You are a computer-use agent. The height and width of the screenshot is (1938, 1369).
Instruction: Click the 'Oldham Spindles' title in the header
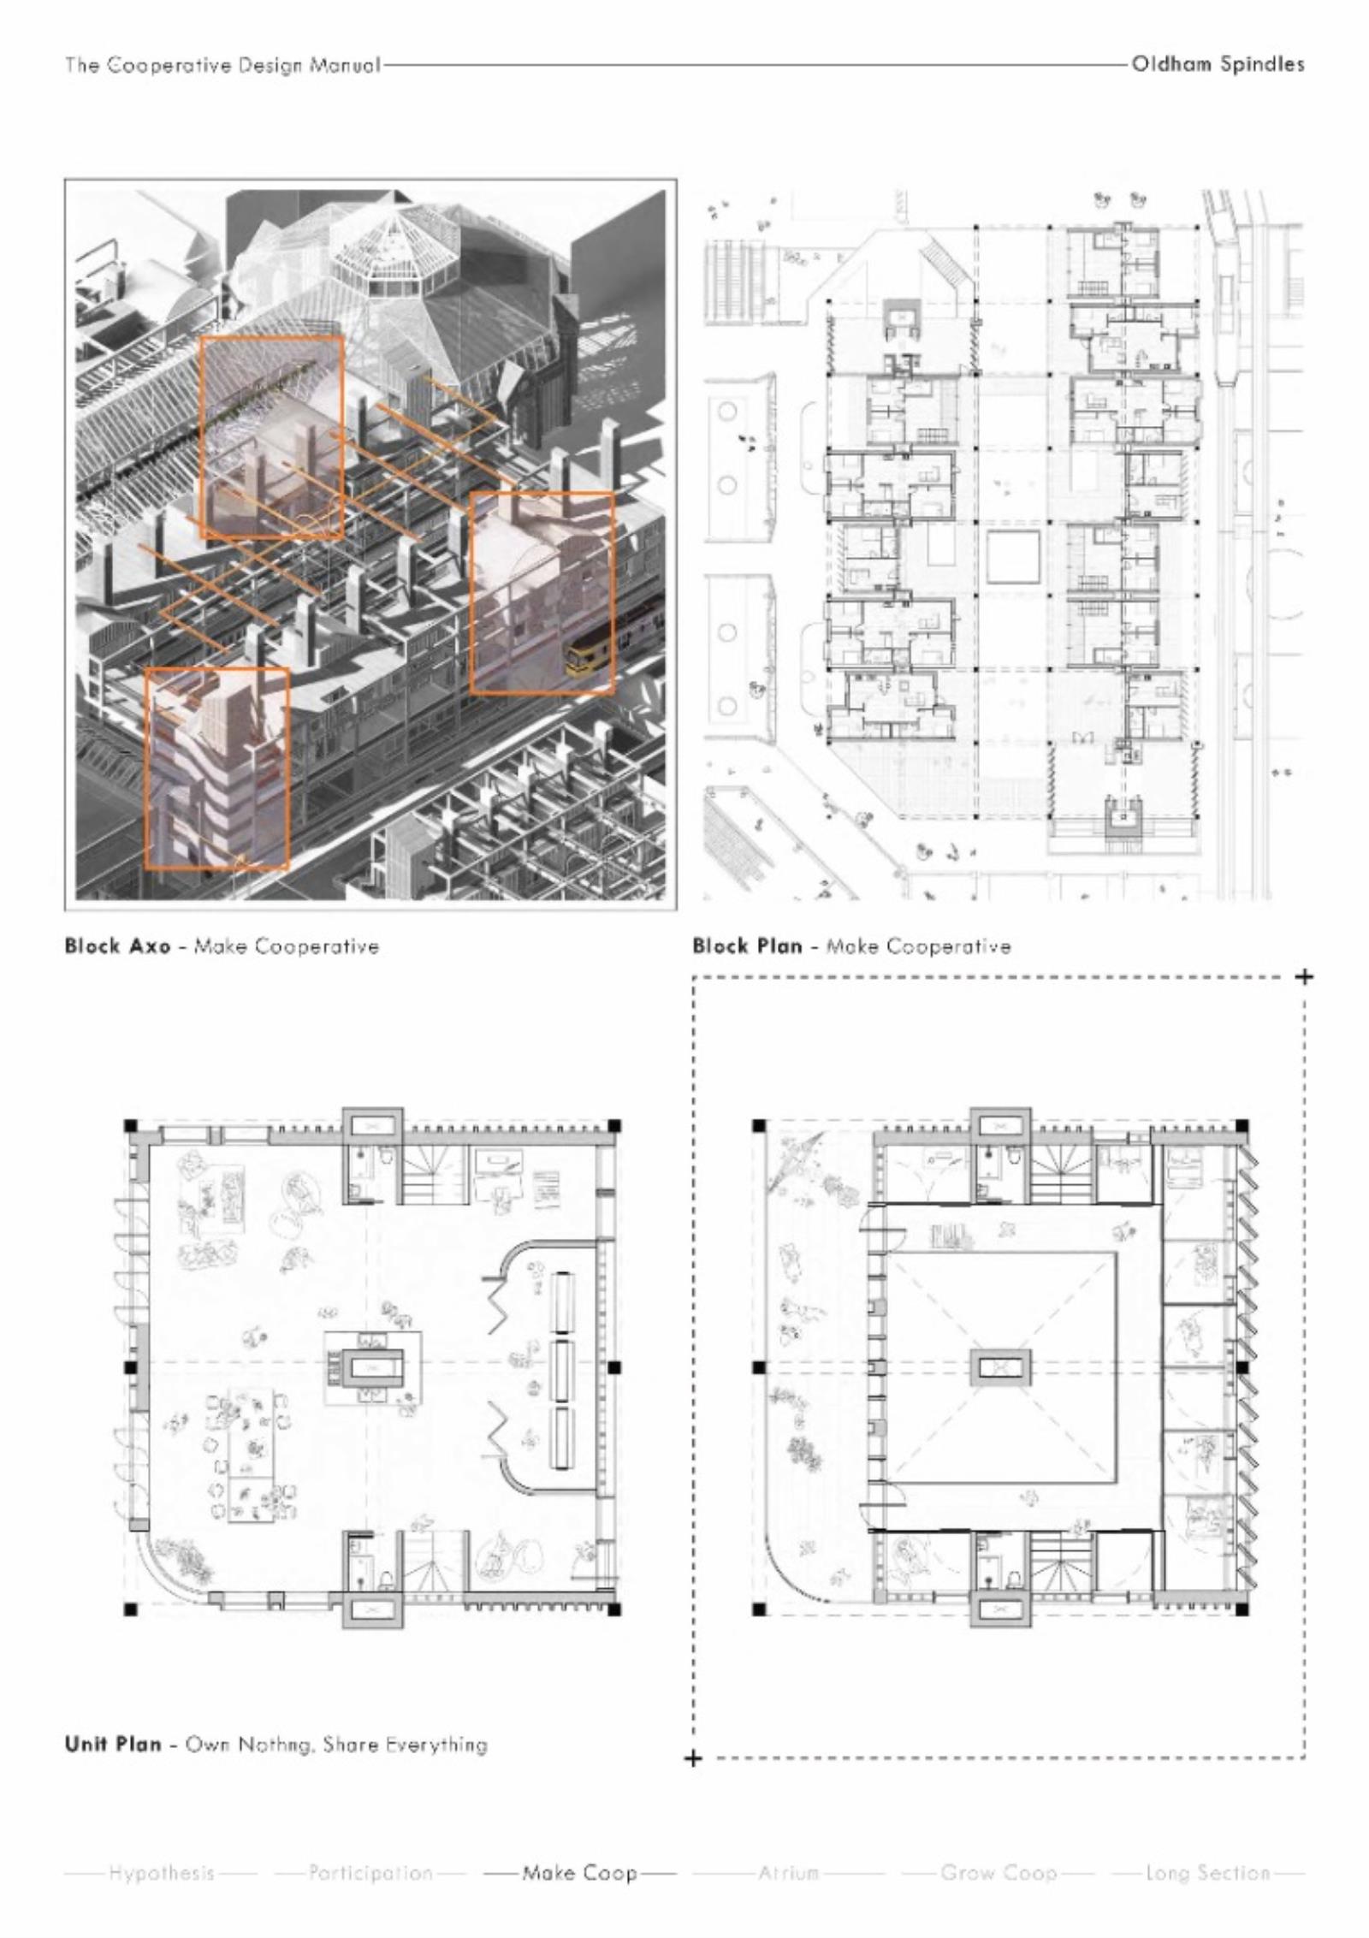tap(1218, 64)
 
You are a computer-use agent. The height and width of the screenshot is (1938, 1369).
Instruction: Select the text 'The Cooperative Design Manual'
tap(222, 66)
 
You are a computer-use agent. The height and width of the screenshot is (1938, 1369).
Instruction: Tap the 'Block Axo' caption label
tap(117, 946)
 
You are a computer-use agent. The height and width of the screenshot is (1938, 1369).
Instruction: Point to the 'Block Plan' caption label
tap(747, 946)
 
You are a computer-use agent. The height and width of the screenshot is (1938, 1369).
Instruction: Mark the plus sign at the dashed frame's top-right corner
tap(1304, 976)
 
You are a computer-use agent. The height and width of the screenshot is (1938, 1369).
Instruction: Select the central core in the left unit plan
tap(372, 1367)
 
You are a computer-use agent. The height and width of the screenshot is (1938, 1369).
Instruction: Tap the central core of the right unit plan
tap(999, 1367)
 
